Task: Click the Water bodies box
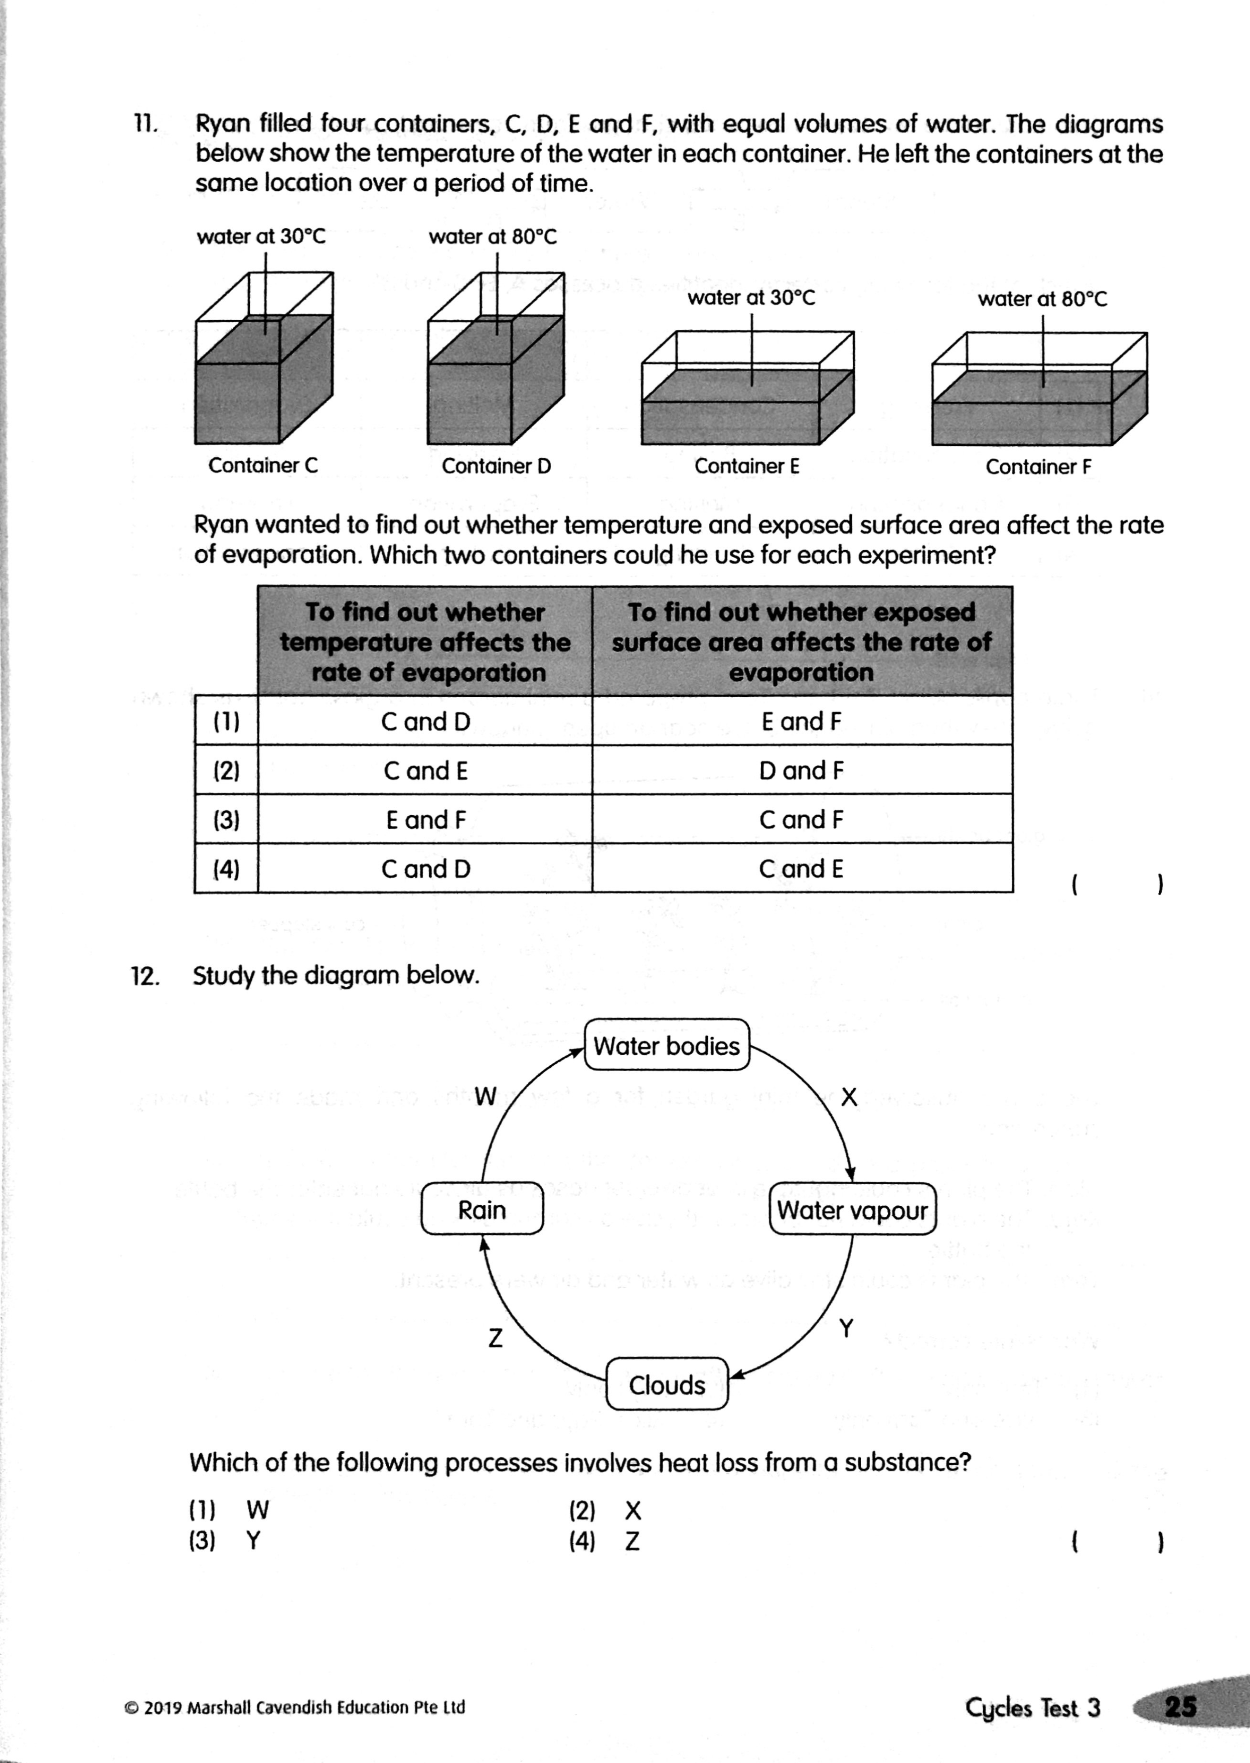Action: tap(667, 1045)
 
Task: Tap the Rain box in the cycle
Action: tap(482, 1210)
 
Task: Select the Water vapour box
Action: tap(852, 1210)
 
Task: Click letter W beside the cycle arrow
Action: tap(486, 1096)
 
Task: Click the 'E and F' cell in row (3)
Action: tap(426, 819)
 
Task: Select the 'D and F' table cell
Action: tap(801, 770)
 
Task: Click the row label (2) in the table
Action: tap(226, 770)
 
